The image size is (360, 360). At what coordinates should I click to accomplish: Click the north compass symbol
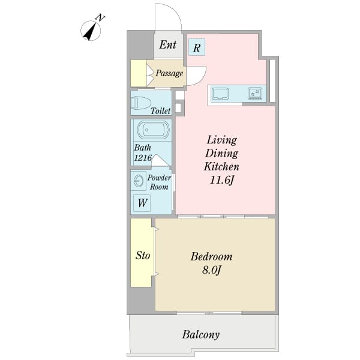click(91, 30)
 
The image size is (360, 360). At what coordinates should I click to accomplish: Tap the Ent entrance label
click(168, 44)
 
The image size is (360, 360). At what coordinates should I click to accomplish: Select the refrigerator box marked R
click(197, 47)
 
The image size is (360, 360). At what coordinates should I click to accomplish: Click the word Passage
click(169, 73)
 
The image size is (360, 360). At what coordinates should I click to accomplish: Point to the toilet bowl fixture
click(140, 103)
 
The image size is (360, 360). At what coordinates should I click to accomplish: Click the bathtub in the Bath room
click(154, 130)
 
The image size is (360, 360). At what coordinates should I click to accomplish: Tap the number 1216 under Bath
click(143, 157)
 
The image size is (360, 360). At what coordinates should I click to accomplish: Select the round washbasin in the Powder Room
click(139, 181)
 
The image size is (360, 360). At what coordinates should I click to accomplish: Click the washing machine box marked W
click(142, 203)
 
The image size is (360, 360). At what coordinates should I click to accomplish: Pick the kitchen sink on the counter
click(220, 94)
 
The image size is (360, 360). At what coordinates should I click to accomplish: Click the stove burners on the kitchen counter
click(255, 94)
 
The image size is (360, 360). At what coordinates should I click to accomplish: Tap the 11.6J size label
click(221, 180)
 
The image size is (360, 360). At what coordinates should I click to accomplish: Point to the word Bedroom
click(211, 256)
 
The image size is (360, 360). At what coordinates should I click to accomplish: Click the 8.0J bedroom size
click(211, 270)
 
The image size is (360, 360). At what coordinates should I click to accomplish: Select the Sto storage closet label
click(143, 256)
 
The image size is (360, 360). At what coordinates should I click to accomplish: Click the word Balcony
click(201, 335)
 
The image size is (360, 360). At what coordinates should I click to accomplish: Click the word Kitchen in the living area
click(221, 166)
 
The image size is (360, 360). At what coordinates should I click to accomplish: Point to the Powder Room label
click(159, 182)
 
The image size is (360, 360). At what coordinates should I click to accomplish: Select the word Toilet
click(161, 111)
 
